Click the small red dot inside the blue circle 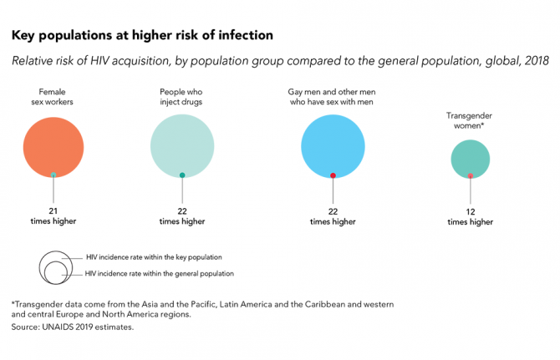click(333, 175)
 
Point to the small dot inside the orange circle click(53, 175)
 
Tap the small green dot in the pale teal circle click(182, 175)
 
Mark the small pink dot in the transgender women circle click(471, 175)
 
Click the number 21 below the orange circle click(53, 211)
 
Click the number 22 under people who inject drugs click(182, 211)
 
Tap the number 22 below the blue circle click(333, 211)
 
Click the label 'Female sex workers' click(53, 97)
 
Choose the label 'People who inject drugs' click(182, 97)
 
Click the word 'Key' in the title click(25, 36)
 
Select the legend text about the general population click(160, 274)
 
